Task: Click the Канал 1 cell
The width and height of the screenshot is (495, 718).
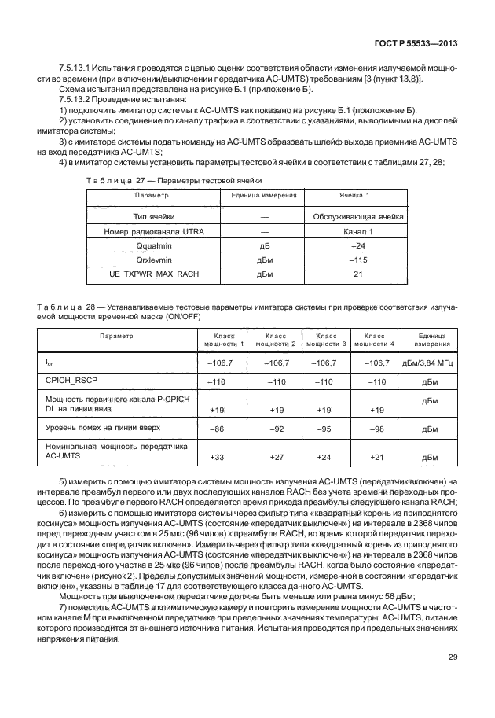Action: (x=359, y=231)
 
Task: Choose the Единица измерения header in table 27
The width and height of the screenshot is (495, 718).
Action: (x=264, y=194)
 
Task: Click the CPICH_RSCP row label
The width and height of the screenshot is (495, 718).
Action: (x=69, y=381)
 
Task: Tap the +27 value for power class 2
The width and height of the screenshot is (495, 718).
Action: (x=277, y=455)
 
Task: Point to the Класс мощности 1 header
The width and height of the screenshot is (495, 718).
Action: (x=225, y=340)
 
